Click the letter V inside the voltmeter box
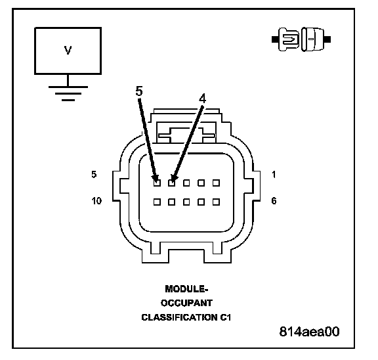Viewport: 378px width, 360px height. click(68, 50)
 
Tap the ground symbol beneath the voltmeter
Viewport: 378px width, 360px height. click(68, 93)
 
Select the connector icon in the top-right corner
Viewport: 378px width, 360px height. click(301, 39)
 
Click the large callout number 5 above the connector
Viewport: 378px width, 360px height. click(139, 91)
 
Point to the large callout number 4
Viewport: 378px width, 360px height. click(203, 99)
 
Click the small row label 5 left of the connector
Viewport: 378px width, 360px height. click(94, 174)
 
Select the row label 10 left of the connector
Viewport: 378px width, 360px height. click(96, 200)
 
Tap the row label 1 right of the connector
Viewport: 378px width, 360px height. click(274, 174)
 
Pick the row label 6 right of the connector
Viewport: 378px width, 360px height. click(274, 200)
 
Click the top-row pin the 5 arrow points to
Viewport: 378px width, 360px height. click(157, 183)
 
